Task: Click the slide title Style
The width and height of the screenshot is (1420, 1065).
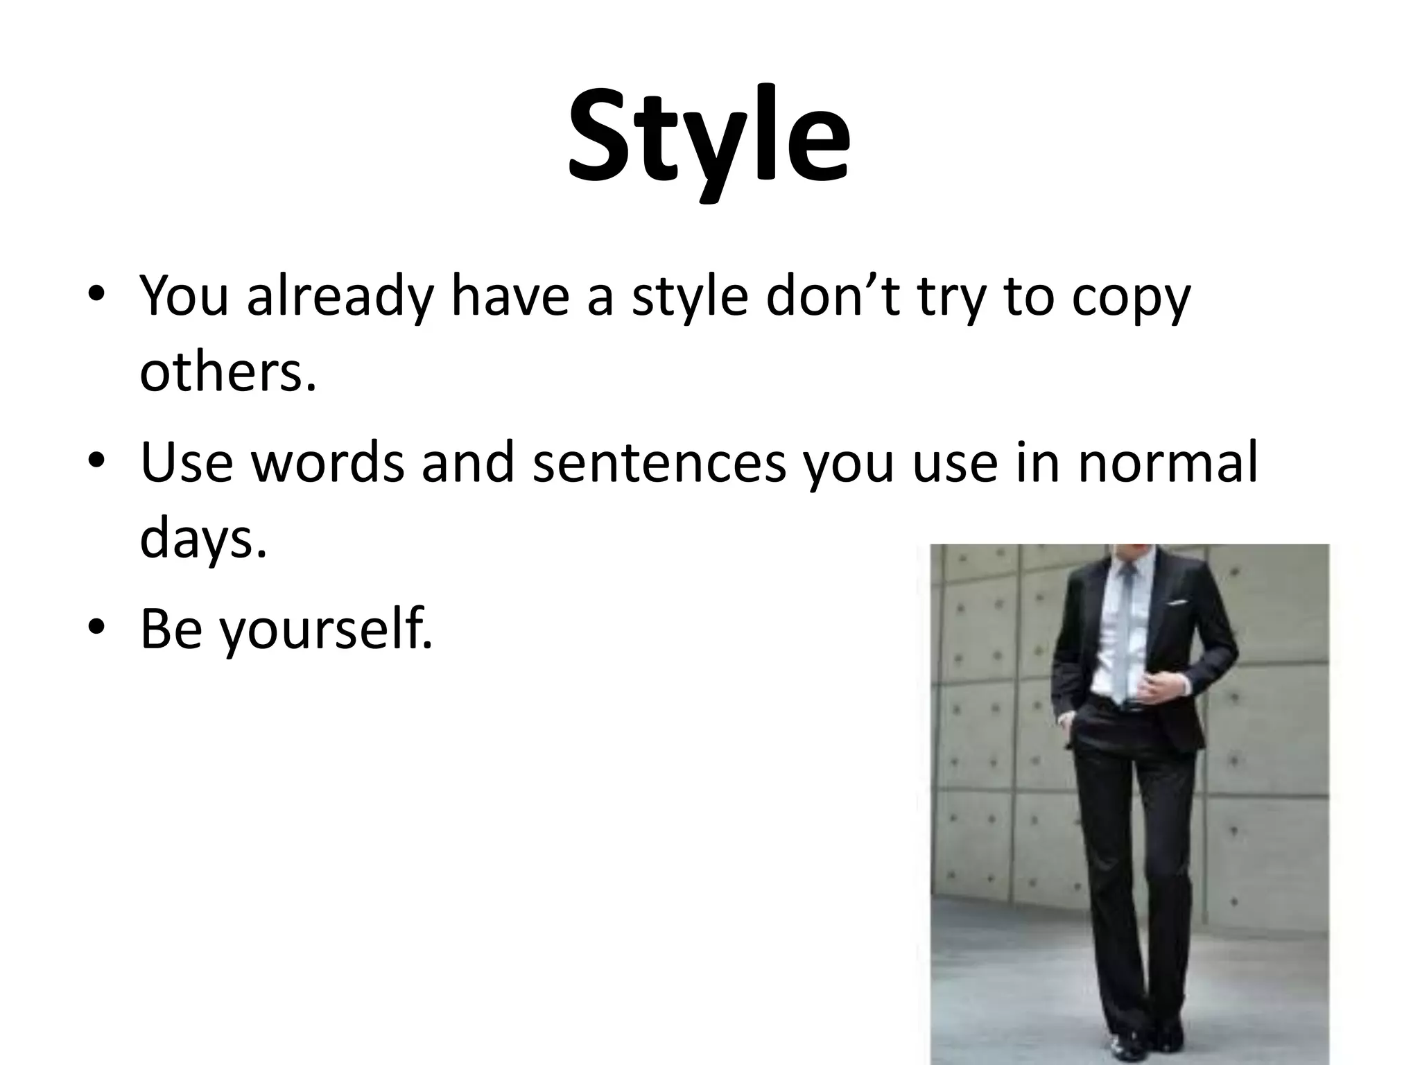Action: [709, 139]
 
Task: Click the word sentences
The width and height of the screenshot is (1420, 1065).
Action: [659, 463]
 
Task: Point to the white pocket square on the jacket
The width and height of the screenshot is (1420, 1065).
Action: [1177, 603]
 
